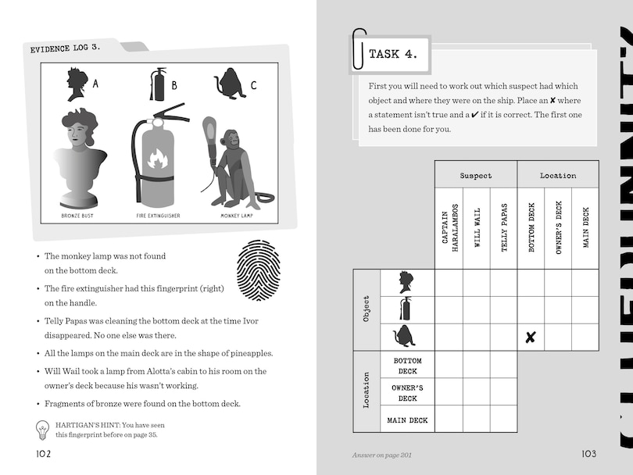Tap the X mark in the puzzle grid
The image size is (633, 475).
pyautogui.click(x=531, y=337)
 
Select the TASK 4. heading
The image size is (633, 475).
pyautogui.click(x=393, y=54)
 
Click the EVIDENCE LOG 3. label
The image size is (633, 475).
pyautogui.click(x=66, y=48)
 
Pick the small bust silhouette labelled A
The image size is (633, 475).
pyautogui.click(x=77, y=84)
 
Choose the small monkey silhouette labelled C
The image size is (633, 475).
pyautogui.click(x=230, y=84)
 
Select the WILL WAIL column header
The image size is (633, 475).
pyautogui.click(x=477, y=227)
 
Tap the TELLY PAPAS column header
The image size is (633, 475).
pyautogui.click(x=503, y=227)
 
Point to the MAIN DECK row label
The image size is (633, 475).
pyautogui.click(x=407, y=420)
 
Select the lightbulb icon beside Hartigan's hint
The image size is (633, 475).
pyautogui.click(x=44, y=430)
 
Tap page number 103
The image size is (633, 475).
pyautogui.click(x=588, y=455)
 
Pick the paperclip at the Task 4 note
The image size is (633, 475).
pyautogui.click(x=359, y=49)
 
